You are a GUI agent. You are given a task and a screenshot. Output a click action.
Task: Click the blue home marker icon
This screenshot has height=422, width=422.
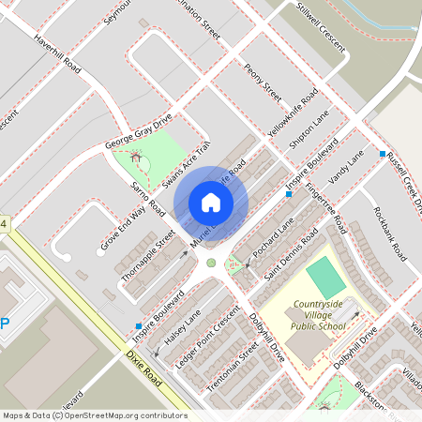tap(210, 203)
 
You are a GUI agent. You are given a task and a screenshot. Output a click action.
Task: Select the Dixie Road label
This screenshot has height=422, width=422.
tap(145, 370)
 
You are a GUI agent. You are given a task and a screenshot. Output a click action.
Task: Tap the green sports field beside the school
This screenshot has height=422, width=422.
tap(325, 279)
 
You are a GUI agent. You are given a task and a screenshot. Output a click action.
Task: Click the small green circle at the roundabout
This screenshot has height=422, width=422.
tap(211, 263)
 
